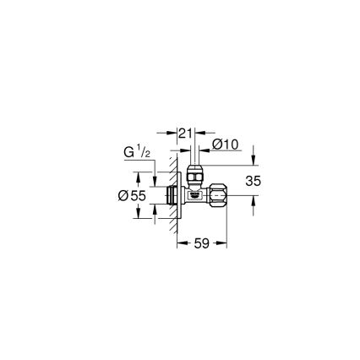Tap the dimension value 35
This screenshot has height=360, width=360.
[x=253, y=180]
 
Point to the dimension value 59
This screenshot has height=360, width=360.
[x=201, y=243]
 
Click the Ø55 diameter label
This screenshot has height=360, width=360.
[x=133, y=195]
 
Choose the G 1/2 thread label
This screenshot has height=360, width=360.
[x=137, y=154]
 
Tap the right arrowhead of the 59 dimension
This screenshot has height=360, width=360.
[x=225, y=243]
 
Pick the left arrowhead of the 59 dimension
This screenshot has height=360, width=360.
[x=180, y=243]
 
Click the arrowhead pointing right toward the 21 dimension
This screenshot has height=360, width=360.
[x=172, y=133]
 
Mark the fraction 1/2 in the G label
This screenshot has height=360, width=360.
[x=145, y=152]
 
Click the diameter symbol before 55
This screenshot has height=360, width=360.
[x=123, y=195]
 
